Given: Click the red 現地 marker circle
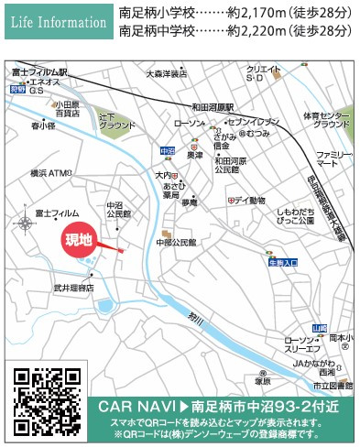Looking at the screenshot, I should click(x=80, y=240).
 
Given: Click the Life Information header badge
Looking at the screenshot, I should click(x=55, y=21).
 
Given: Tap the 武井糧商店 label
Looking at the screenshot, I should click(x=72, y=288).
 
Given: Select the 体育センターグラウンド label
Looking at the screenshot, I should click(x=326, y=119).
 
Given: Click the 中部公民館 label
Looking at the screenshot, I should click(x=177, y=243).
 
